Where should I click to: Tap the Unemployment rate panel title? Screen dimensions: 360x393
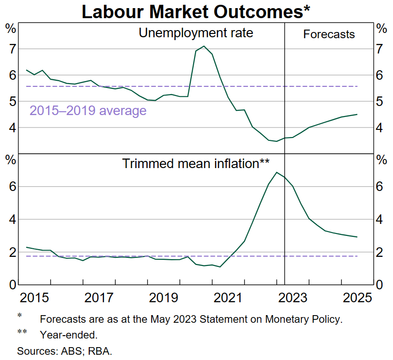(x=196, y=33)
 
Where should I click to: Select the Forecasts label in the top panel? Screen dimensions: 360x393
(x=329, y=34)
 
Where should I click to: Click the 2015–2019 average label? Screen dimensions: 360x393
(x=88, y=111)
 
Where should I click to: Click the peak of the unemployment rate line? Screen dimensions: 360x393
(x=204, y=46)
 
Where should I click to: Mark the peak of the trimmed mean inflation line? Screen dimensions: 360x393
(x=277, y=172)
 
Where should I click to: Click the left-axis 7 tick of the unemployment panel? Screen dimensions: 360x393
(x=11, y=49)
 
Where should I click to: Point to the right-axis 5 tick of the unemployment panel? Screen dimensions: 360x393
(x=381, y=102)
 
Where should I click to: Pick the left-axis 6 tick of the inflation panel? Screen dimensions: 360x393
(x=11, y=187)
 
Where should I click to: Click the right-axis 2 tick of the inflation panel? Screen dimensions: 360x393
(x=381, y=252)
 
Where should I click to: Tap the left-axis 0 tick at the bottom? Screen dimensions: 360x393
(x=11, y=285)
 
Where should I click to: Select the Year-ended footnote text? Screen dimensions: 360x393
(x=69, y=335)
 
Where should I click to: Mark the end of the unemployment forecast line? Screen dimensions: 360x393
(x=357, y=115)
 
